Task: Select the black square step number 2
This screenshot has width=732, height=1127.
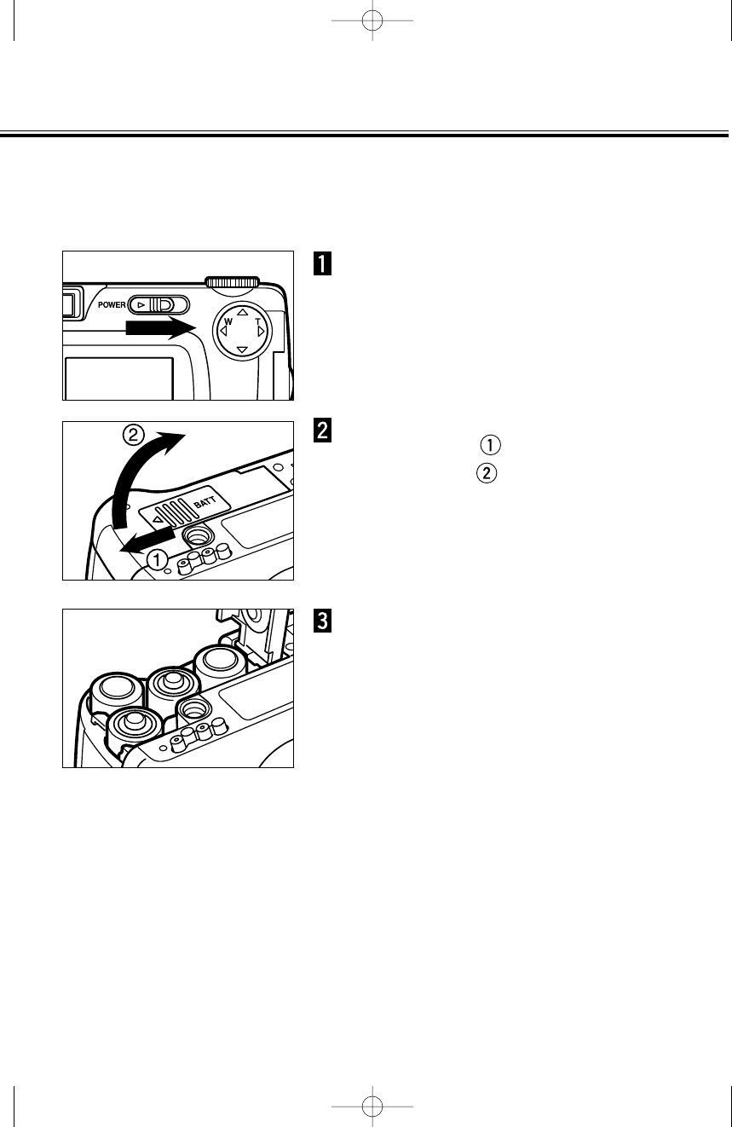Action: [323, 431]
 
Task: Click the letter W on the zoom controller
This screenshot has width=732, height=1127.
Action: [228, 323]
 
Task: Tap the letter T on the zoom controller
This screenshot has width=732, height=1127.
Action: [256, 321]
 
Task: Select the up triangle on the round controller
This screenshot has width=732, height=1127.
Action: [243, 312]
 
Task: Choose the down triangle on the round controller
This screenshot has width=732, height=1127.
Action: [243, 350]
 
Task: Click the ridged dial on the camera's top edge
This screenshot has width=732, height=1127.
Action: [232, 281]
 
